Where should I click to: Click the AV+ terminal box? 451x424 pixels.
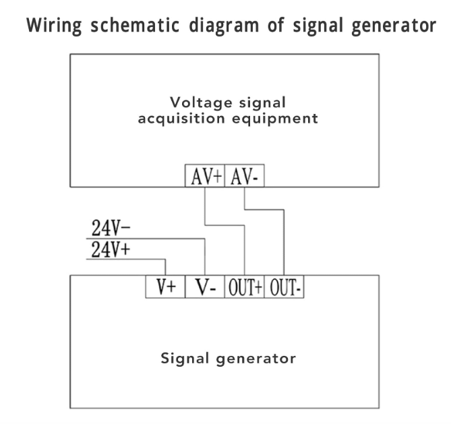coord(206,176)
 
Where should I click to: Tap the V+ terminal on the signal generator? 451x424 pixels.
coord(165,286)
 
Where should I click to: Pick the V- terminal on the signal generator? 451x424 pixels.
coord(205,286)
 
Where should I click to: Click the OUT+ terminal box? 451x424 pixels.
coord(244,286)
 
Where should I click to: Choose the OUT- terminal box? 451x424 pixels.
coord(286,286)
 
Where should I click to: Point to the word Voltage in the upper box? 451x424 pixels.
coord(200,103)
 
